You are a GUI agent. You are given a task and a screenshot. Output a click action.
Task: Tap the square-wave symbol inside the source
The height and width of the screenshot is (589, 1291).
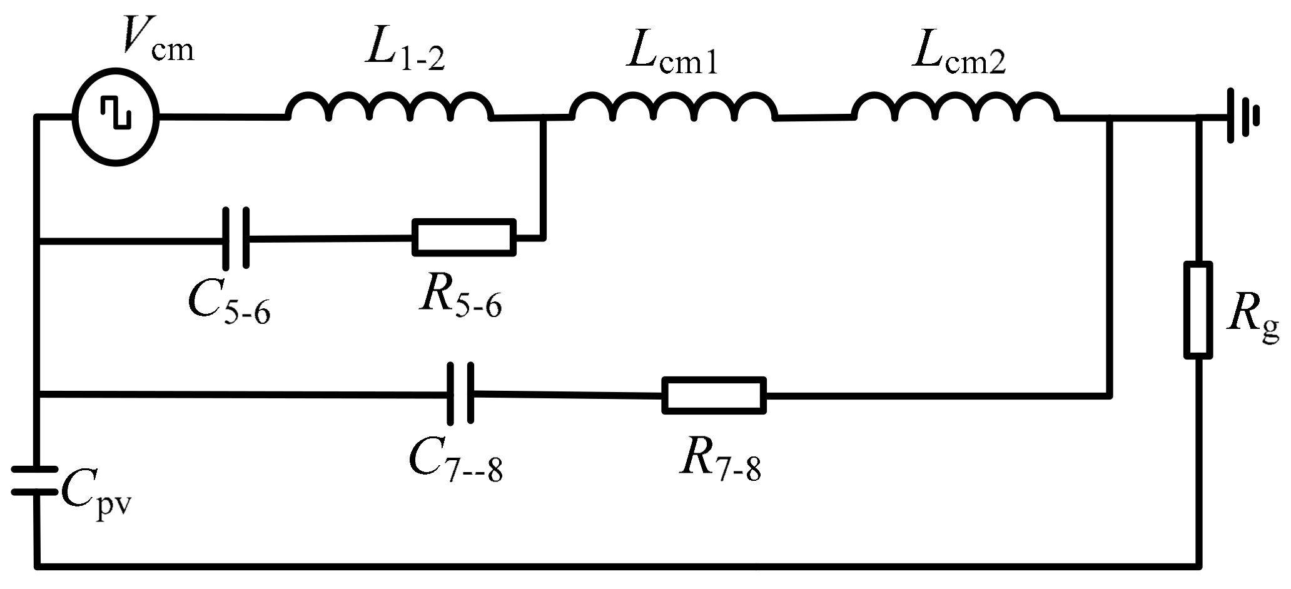tap(116, 117)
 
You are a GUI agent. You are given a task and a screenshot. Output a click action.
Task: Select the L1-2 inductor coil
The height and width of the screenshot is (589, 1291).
tap(390, 106)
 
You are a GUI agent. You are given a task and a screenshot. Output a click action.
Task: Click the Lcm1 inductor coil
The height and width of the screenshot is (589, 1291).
tap(673, 106)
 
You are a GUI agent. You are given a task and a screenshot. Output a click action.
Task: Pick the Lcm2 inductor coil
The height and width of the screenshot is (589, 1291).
tap(956, 106)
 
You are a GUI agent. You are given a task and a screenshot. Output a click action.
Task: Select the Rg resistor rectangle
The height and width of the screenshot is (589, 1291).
tap(1198, 310)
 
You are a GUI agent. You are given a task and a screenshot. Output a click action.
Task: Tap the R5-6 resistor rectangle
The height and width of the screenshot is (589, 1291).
tap(464, 238)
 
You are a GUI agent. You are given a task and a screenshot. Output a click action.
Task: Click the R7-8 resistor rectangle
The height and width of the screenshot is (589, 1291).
tap(714, 395)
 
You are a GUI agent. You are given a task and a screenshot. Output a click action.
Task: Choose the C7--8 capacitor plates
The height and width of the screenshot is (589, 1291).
tap(460, 394)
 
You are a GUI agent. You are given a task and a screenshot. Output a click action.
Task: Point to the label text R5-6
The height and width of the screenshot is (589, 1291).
tap(460, 298)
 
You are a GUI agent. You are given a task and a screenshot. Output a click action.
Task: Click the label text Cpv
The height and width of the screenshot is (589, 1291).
tap(97, 497)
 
